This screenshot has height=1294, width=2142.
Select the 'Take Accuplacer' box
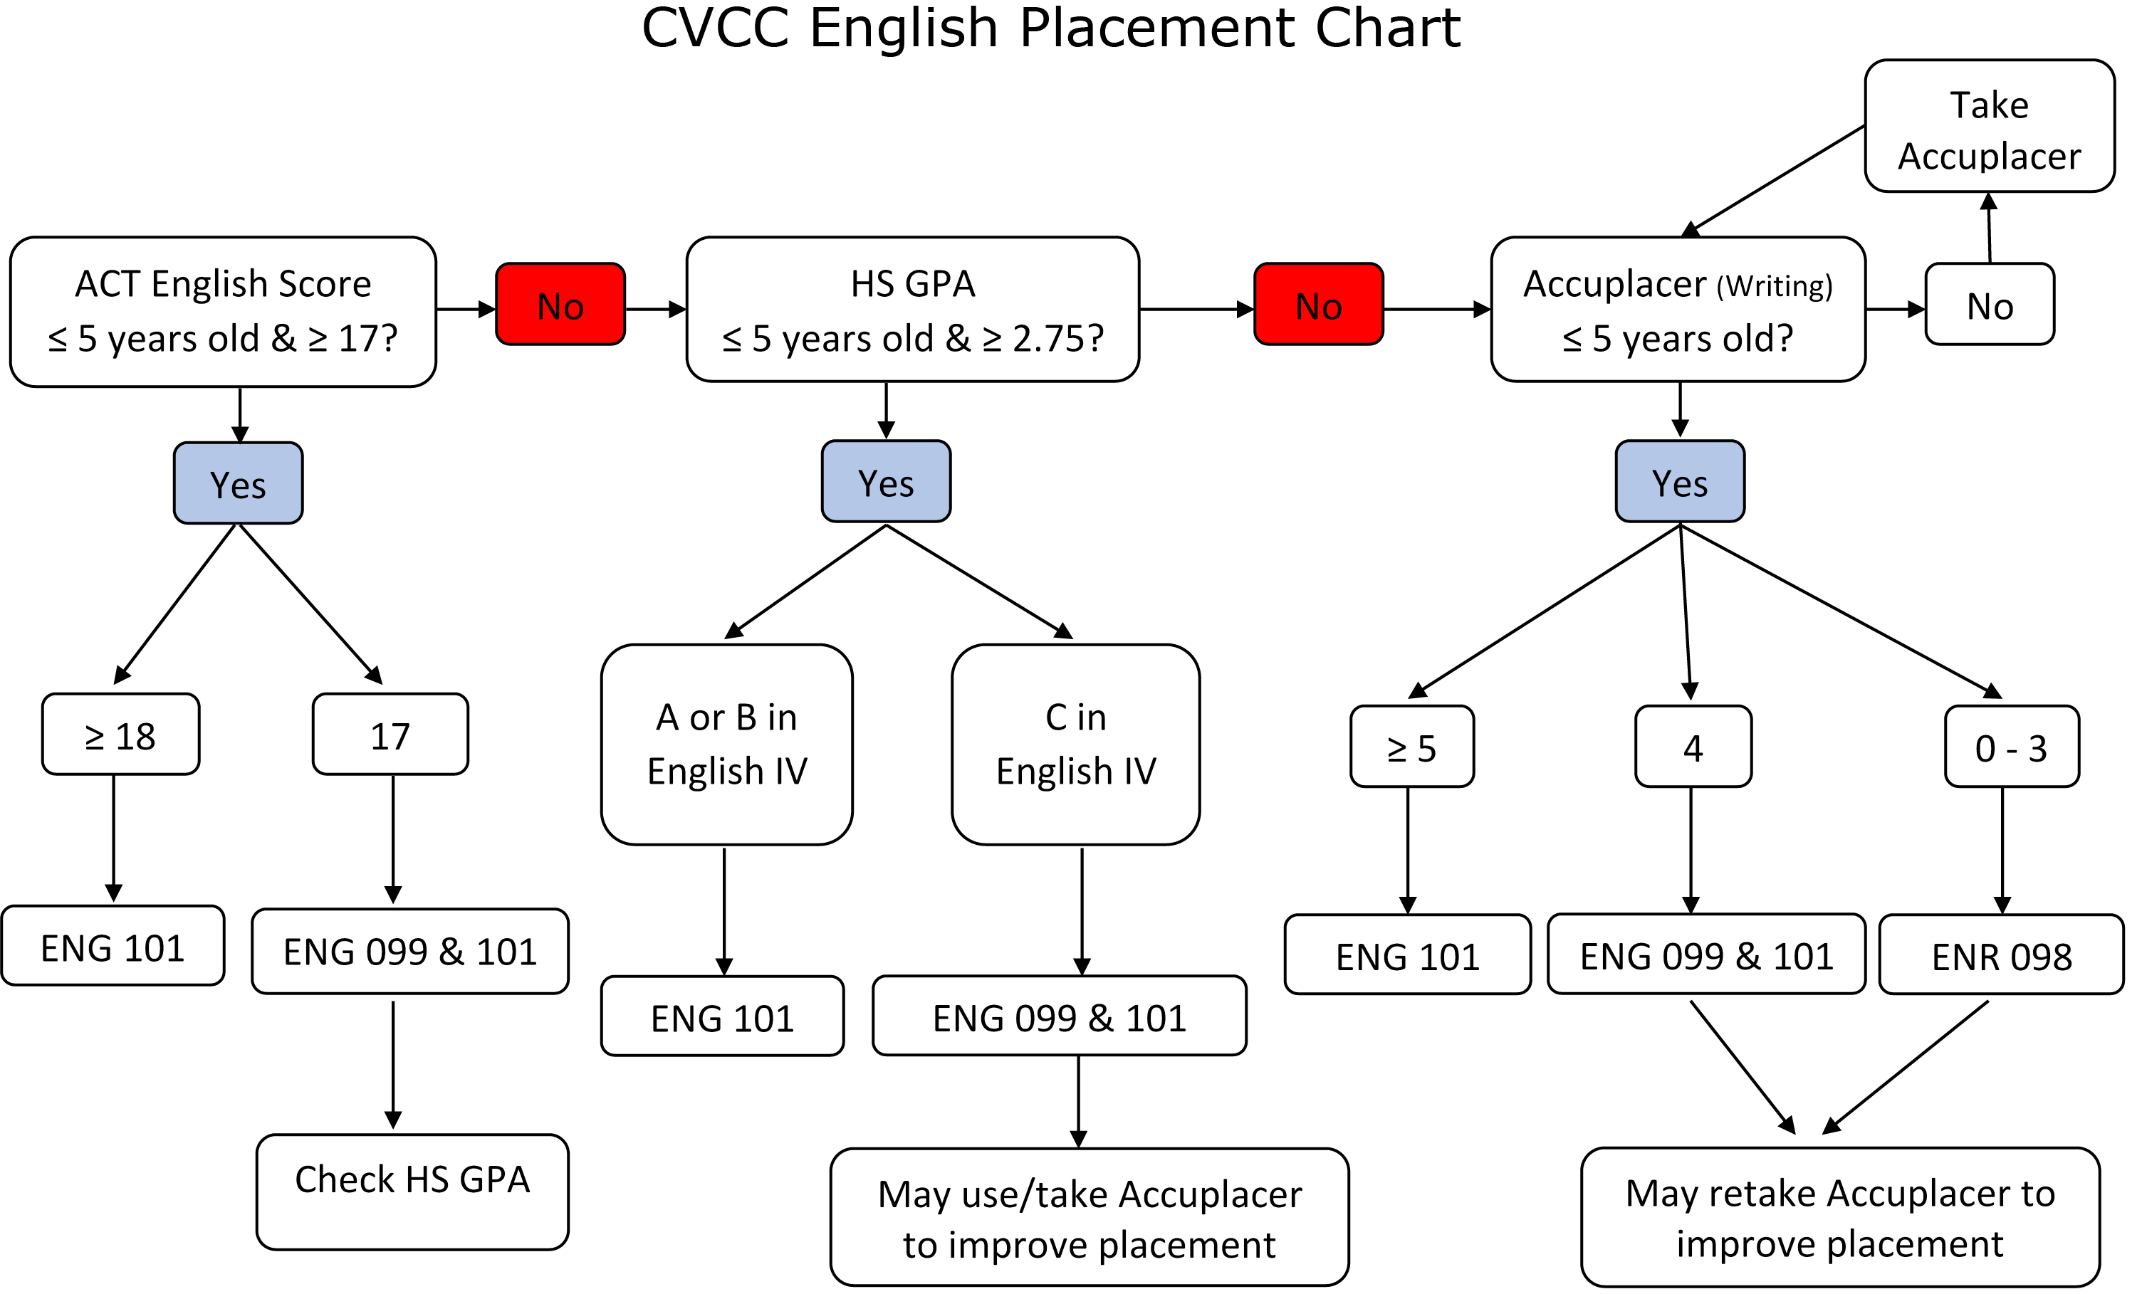[1989, 127]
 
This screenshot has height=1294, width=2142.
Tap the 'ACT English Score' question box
[223, 311]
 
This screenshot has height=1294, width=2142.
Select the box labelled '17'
[390, 735]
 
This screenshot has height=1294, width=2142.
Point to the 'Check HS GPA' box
[412, 1192]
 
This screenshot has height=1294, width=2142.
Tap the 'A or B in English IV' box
[727, 744]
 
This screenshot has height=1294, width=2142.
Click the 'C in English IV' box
[1075, 744]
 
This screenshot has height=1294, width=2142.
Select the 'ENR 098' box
[2001, 955]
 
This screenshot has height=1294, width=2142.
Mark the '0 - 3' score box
[2012, 747]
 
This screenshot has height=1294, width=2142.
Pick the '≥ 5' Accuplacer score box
[1412, 747]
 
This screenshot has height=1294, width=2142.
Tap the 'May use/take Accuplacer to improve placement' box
[1090, 1218]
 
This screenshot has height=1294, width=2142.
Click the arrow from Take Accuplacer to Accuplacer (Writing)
[1777, 179]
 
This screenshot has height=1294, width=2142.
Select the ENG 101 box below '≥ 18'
[113, 947]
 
